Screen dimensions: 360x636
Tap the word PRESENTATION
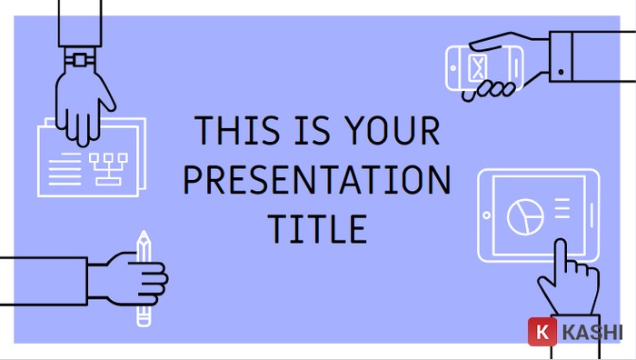[x=316, y=180]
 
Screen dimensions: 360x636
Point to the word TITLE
[x=316, y=228]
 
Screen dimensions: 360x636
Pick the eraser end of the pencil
[x=143, y=319]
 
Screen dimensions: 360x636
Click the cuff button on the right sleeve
[x=561, y=71]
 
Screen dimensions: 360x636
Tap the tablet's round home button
[x=486, y=216]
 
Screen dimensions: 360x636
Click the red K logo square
[x=542, y=334]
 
